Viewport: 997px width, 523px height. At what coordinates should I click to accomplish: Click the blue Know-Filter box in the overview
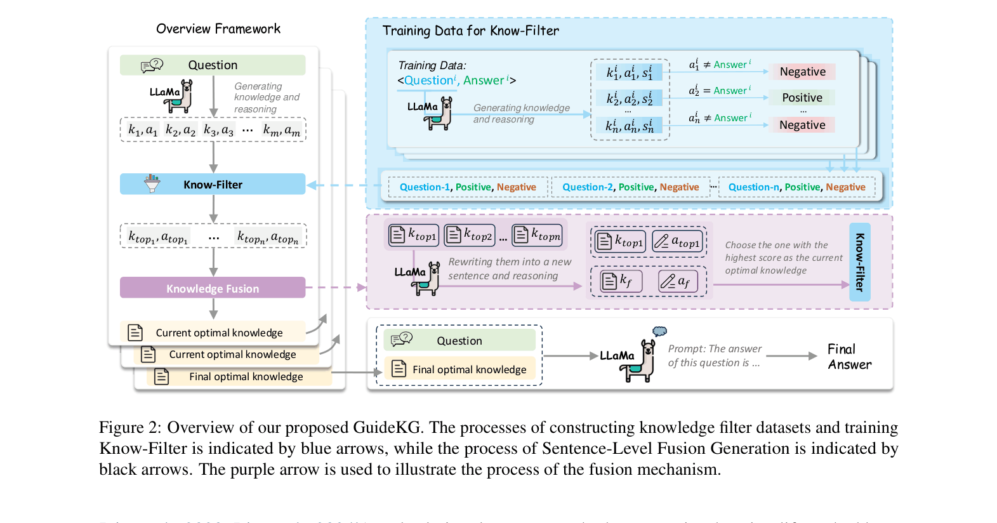click(213, 184)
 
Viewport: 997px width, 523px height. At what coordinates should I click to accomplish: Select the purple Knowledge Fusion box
click(213, 288)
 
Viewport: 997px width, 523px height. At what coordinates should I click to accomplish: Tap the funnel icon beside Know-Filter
click(152, 183)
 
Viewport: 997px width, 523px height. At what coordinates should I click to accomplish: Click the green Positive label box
click(802, 98)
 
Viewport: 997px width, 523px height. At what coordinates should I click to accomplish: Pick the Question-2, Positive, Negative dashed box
click(630, 187)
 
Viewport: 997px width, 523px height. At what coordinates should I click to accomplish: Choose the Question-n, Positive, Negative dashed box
click(796, 187)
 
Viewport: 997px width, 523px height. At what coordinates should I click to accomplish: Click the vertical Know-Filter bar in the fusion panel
click(860, 262)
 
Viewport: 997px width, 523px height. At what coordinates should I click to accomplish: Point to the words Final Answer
click(849, 357)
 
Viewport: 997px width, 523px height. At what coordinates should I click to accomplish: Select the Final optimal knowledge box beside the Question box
click(460, 369)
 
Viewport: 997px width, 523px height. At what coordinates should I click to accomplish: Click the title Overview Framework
click(218, 29)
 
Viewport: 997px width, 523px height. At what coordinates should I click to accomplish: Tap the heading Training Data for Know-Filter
click(470, 30)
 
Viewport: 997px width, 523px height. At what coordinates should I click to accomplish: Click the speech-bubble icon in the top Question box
click(152, 65)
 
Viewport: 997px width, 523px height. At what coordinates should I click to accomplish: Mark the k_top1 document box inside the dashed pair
click(620, 242)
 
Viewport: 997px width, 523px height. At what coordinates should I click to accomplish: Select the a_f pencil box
click(678, 281)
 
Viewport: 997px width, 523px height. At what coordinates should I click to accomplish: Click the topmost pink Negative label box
click(802, 72)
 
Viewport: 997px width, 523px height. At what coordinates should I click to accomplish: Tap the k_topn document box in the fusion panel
click(537, 235)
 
